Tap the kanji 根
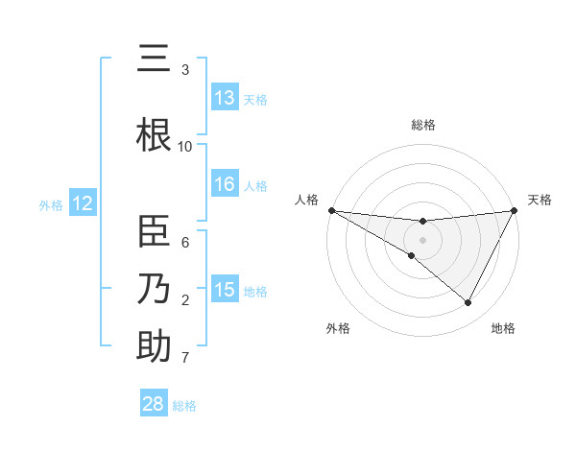[154, 135]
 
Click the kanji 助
[154, 346]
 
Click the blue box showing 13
[225, 98]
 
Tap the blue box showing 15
[225, 290]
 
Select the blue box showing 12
[83, 203]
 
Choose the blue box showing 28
[154, 404]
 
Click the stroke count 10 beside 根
[185, 147]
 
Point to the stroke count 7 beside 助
[185, 359]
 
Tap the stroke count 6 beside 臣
[185, 243]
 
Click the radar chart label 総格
[423, 125]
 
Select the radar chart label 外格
[338, 328]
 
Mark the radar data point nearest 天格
[515, 211]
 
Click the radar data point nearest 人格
[331, 210]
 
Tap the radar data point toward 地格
[468, 303]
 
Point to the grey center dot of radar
[422, 240]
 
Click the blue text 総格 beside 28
[184, 406]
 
